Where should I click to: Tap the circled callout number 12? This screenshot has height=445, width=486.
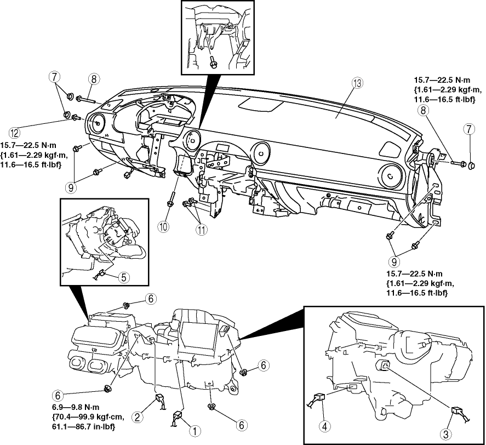pyautogui.click(x=14, y=132)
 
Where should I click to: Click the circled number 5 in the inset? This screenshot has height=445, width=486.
pyautogui.click(x=124, y=277)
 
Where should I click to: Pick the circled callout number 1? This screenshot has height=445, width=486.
pyautogui.click(x=192, y=431)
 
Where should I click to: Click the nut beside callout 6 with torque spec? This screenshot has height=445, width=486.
pyautogui.click(x=107, y=390)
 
